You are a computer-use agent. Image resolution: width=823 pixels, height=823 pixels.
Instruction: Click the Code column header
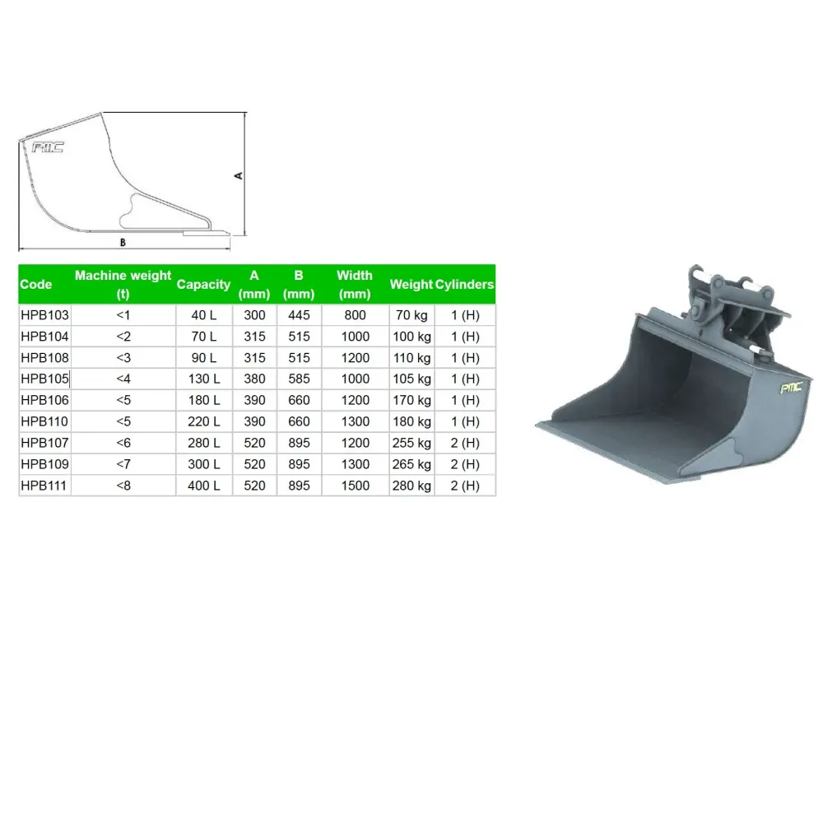point(35,285)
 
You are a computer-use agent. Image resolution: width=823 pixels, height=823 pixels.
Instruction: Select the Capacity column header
point(203,285)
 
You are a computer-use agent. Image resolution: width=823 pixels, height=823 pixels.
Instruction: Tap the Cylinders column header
point(464,285)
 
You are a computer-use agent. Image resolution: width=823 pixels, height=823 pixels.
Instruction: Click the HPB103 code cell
point(44,315)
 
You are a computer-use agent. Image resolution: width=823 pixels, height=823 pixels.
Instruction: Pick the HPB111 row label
point(44,486)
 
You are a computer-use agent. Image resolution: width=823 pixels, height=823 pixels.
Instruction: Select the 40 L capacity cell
point(203,315)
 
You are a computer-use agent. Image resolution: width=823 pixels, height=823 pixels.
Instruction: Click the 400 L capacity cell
point(203,486)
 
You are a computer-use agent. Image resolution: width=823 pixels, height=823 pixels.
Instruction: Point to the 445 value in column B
point(299,315)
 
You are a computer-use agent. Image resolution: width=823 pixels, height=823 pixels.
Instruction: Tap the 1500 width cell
point(356,486)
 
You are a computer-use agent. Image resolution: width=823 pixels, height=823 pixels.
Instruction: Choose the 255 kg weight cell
point(411,443)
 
